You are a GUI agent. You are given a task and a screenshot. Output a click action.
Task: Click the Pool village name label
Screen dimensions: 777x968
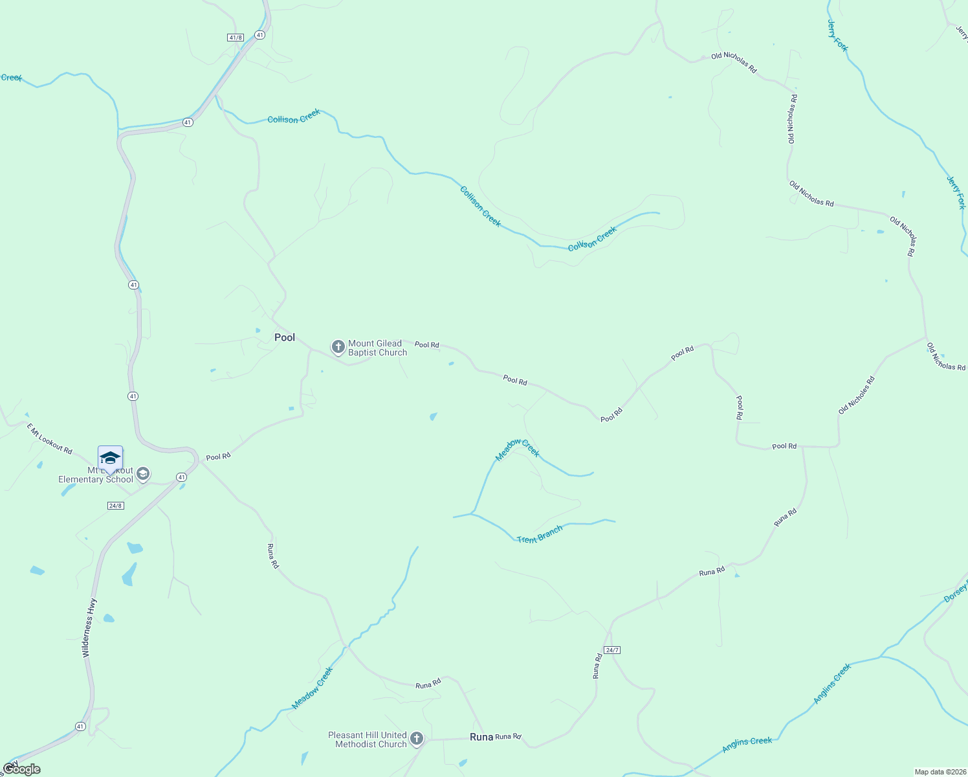coord(285,337)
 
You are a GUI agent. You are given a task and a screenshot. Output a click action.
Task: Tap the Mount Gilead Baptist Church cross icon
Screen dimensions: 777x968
coord(338,348)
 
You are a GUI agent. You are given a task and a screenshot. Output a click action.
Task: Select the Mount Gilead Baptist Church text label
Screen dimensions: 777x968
coord(378,348)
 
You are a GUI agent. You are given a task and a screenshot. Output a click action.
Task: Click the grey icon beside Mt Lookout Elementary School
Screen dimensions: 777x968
coord(143,475)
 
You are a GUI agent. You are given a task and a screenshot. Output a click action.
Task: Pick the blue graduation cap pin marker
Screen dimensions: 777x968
coord(110,458)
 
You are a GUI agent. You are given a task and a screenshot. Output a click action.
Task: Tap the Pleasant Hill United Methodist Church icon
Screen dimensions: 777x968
coord(417,739)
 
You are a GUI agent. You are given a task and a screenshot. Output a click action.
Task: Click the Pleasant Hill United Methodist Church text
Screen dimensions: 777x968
coord(368,739)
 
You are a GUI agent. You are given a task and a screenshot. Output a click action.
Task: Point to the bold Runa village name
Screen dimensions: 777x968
coord(481,737)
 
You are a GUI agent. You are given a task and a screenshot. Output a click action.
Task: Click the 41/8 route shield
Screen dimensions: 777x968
coord(236,38)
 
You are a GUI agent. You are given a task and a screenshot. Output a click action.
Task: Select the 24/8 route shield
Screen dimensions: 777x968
coord(116,506)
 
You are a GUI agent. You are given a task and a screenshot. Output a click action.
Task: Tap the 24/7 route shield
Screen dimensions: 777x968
coord(612,649)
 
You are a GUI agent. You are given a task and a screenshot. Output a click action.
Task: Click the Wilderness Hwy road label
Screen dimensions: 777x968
coord(89,628)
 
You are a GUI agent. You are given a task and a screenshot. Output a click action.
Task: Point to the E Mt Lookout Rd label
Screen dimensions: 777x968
coord(49,438)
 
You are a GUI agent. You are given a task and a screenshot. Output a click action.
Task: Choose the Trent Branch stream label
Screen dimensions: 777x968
coord(540,535)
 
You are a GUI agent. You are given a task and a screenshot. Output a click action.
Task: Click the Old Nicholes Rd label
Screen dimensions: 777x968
coord(856,395)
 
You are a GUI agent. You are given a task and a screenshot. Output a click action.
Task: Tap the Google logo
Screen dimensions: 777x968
coord(21,769)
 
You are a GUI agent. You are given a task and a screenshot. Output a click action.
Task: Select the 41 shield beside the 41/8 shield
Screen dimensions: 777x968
coord(259,35)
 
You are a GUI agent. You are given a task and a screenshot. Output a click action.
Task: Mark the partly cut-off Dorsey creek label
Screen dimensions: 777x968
coord(956,591)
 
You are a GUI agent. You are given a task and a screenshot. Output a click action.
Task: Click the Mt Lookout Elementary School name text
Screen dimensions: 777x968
coord(96,475)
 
